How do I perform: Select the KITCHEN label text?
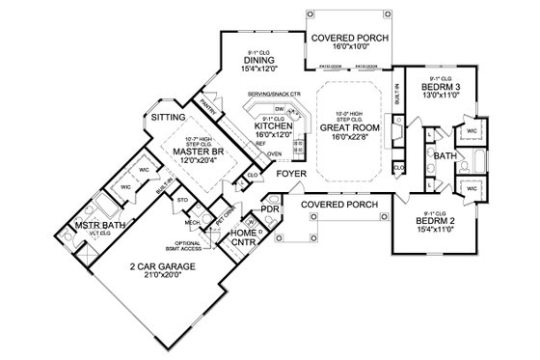[275, 127]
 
